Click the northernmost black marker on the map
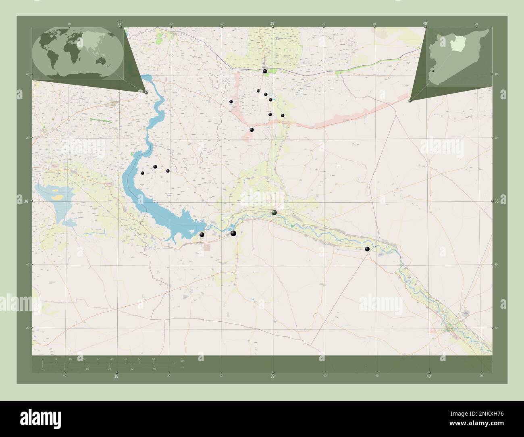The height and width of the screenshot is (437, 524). click(x=265, y=71)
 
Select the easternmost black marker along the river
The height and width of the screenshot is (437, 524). click(x=367, y=249)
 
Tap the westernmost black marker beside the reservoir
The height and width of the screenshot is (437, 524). click(x=142, y=173)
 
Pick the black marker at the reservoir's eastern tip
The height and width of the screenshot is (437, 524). click(x=202, y=235)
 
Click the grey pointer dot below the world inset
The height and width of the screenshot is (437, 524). click(x=146, y=93)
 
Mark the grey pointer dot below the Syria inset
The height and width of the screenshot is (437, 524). click(x=410, y=101)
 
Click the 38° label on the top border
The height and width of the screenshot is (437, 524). click(x=120, y=23)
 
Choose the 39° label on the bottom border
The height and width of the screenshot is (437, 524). click(x=272, y=377)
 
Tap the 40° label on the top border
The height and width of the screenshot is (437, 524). click(x=425, y=23)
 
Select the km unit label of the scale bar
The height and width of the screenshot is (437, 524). click(x=183, y=360)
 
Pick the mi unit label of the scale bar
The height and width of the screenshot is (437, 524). click(x=182, y=368)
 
